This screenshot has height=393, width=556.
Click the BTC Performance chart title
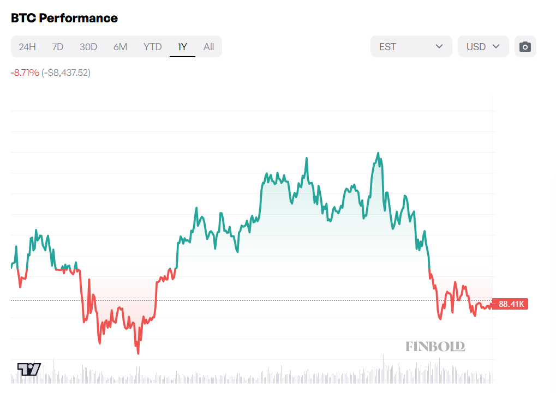point(64,18)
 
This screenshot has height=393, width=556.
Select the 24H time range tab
point(27,47)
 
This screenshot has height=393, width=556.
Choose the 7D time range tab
point(58,47)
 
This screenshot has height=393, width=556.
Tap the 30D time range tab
point(88,47)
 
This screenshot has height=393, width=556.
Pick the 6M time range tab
point(120,47)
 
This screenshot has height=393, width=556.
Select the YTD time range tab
point(153,47)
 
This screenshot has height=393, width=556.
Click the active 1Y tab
point(182,47)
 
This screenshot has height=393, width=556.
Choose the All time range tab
point(208,47)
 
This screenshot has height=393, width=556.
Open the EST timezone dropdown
point(411,46)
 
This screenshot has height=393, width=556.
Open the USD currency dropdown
point(483,46)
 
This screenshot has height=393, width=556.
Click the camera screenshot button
point(525,46)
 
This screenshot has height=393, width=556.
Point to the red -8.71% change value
point(25,72)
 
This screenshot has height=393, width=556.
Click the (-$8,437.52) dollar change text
point(66,72)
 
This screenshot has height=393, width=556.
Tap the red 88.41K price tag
point(511,304)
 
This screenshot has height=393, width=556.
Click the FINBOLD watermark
point(435,346)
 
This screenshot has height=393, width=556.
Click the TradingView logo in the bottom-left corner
point(29,369)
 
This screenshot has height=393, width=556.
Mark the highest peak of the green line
point(378,153)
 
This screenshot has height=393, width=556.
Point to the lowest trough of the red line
point(138,353)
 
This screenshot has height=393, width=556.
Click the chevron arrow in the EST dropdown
point(439,46)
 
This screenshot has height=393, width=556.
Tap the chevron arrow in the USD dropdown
point(496,46)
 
